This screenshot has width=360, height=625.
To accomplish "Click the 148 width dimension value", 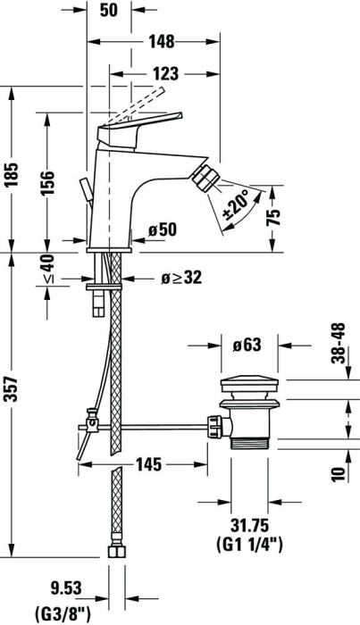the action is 162,41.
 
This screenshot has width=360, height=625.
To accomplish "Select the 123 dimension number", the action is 166,74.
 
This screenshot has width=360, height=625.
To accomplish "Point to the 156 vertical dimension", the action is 47,183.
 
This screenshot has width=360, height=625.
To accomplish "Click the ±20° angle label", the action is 238,205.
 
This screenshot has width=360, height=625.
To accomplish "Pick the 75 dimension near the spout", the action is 273,217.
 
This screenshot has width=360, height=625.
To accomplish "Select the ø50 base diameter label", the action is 162,230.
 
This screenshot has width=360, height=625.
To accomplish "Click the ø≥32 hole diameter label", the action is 181,278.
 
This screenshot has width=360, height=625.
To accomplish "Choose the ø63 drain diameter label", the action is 247,345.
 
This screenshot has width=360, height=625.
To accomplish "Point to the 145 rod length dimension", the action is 148,464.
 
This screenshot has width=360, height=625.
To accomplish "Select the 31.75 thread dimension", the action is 249,525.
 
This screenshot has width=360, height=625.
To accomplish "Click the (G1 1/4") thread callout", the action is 249,544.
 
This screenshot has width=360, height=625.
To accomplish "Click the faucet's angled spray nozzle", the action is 205,178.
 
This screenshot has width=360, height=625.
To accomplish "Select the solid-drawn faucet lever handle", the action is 139,128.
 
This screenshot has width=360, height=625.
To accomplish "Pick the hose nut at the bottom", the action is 116,552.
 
